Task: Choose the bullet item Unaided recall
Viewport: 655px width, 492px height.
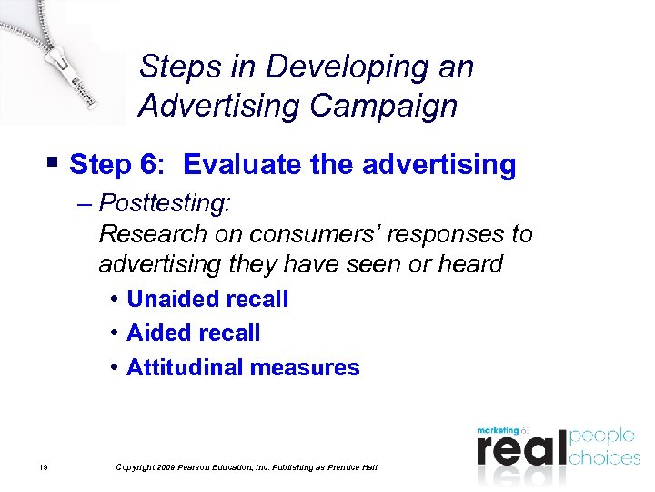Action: (207, 299)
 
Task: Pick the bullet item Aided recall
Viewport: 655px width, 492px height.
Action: (193, 333)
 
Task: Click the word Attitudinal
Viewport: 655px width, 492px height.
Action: (185, 367)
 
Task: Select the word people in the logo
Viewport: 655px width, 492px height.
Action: (604, 436)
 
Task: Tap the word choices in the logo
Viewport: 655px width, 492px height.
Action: (604, 456)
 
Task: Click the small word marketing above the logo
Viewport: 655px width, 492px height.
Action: (498, 429)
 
